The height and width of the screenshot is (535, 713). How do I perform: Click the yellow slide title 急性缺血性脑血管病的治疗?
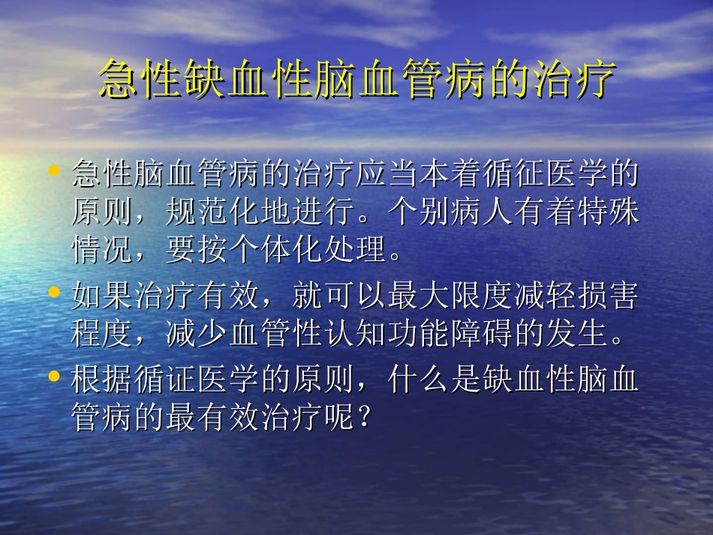pyautogui.click(x=357, y=79)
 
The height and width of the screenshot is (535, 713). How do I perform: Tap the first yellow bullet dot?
pyautogui.click(x=53, y=172)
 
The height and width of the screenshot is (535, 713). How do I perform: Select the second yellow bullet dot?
pyautogui.click(x=53, y=290)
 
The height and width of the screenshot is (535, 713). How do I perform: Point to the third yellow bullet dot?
pyautogui.click(x=53, y=375)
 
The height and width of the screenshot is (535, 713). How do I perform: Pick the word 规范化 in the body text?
pyautogui.click(x=212, y=212)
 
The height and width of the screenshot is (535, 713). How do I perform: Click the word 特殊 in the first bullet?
pyautogui.click(x=609, y=212)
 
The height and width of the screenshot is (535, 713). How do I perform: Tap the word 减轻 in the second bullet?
pyautogui.click(x=545, y=296)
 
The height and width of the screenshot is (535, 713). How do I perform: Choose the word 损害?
pyautogui.click(x=609, y=296)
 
